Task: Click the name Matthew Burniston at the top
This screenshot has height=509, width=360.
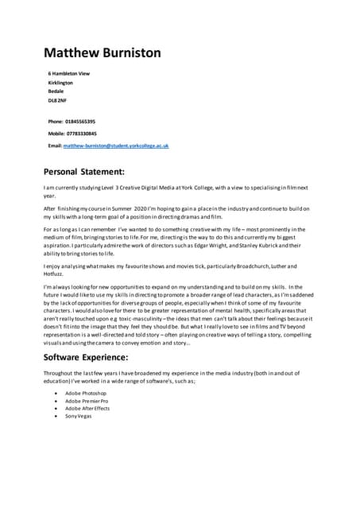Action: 102,52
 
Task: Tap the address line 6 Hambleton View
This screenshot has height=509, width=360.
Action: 69,73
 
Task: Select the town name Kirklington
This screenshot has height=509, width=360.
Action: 60,82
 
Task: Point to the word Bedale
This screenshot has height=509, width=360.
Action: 56,91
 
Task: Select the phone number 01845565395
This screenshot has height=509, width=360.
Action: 79,121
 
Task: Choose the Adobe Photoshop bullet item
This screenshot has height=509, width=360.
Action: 86,394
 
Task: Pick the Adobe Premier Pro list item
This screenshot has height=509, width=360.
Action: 87,402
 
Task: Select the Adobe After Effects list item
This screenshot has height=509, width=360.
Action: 87,409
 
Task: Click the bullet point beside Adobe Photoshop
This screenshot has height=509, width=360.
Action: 55,394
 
